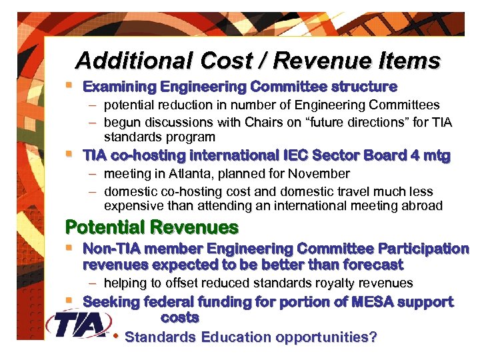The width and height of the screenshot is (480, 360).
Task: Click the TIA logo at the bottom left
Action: [79, 325]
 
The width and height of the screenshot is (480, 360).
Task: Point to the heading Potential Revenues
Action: [151, 227]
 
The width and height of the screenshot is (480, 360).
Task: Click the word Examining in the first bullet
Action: [119, 87]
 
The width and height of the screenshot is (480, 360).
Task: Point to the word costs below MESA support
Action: [180, 317]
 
